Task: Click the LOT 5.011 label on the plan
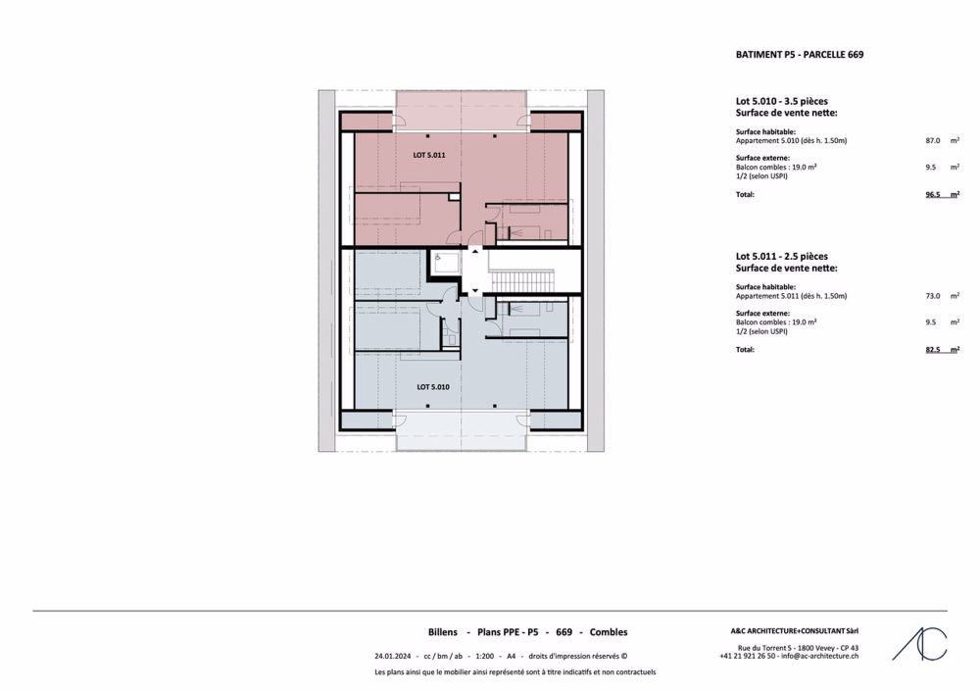[x=429, y=155]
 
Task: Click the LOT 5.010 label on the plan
[x=433, y=387]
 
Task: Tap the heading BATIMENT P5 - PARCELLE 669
[x=800, y=54]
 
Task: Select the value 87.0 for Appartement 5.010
[x=933, y=140]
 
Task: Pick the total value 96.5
[x=933, y=194]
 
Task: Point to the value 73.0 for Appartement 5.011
[x=933, y=296]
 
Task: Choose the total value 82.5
[x=933, y=349]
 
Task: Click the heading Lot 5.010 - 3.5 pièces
[x=782, y=101]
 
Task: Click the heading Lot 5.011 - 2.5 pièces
[x=782, y=256]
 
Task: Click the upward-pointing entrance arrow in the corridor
[x=475, y=251]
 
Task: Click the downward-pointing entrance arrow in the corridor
[x=475, y=290]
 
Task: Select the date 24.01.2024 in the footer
[x=393, y=656]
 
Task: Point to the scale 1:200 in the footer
[x=484, y=656]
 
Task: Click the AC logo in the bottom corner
[x=919, y=644]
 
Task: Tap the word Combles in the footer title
[x=609, y=632]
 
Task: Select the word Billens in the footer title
[x=443, y=632]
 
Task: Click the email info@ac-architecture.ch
[x=819, y=656]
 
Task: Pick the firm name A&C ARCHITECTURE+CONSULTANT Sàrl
[x=795, y=631]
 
